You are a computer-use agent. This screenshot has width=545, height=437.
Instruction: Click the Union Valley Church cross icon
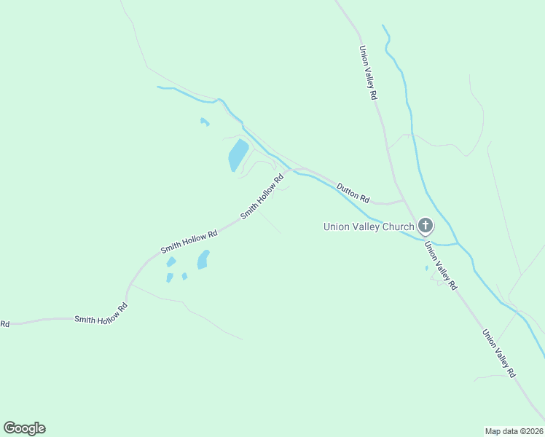[x=426, y=227]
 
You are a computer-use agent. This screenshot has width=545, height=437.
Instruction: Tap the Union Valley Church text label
[x=369, y=227]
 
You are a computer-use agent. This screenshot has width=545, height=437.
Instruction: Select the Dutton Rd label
[x=353, y=193]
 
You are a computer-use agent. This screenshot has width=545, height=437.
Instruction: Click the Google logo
[x=24, y=428]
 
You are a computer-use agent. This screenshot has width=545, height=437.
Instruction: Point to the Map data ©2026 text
[x=514, y=430]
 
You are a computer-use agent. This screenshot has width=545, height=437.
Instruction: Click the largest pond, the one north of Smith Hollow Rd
[x=238, y=154]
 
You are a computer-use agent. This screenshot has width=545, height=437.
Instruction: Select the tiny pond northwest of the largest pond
[x=205, y=122]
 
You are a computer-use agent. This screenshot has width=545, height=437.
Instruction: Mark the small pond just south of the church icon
[x=427, y=268]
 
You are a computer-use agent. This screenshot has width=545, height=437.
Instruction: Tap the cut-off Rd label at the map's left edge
[x=4, y=323]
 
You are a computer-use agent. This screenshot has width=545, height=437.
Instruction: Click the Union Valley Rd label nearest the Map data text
[x=499, y=353]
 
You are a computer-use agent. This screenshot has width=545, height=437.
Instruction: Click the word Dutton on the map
[x=348, y=190]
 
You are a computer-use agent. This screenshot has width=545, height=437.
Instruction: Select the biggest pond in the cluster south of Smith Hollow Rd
[x=203, y=259]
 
